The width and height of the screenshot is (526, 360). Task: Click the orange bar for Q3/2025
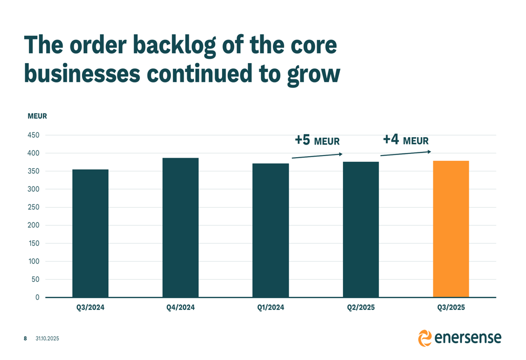tap(451, 229)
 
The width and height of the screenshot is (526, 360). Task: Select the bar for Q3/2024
tap(90, 233)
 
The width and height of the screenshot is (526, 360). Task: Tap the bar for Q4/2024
tap(180, 228)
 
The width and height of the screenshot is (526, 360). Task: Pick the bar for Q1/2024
tap(270, 230)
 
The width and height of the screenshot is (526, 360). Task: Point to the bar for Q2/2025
tap(361, 230)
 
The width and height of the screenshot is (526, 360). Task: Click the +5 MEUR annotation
tap(317, 141)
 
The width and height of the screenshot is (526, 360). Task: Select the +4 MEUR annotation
tap(406, 140)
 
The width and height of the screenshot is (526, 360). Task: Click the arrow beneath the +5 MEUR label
tap(317, 156)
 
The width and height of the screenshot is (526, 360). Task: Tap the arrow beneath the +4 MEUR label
tap(406, 153)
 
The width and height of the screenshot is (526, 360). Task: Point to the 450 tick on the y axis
tap(34, 135)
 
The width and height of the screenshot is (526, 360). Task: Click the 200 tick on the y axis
tap(34, 225)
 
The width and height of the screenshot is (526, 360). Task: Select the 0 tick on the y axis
tap(37, 297)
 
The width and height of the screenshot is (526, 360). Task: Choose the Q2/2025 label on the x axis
tap(361, 308)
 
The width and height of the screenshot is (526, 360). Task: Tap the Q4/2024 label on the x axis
tap(180, 308)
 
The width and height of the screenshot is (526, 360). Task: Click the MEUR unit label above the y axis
tap(37, 116)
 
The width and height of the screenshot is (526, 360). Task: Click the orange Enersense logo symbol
tap(424, 338)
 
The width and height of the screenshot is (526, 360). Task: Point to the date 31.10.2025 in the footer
tap(47, 338)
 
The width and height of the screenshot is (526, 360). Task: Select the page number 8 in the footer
tap(25, 338)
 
